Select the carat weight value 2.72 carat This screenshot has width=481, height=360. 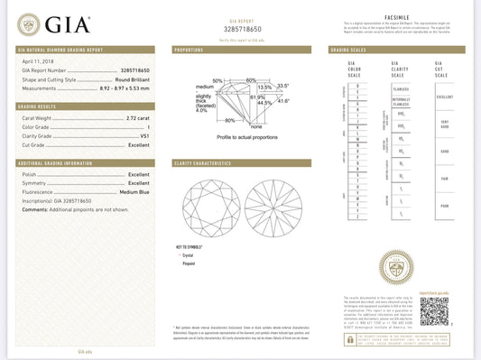138,117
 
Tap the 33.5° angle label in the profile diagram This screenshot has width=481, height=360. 282,86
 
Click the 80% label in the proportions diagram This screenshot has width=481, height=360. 229,120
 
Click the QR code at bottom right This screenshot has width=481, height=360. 434,311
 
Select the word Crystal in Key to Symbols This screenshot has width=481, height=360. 189,255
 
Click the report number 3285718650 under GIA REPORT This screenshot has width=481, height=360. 241,30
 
